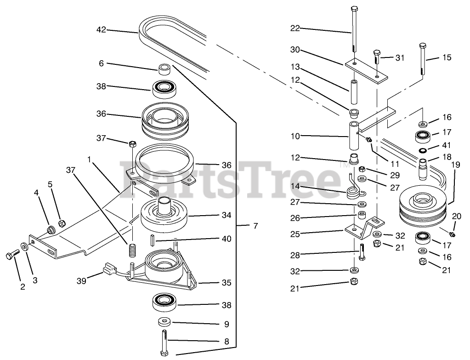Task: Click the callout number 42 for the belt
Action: [x=102, y=30]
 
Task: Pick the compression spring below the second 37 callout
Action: [x=132, y=250]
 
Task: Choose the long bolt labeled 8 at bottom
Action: [x=165, y=343]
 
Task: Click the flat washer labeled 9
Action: [x=164, y=322]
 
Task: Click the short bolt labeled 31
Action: [x=377, y=57]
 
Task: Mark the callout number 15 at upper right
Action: [x=447, y=57]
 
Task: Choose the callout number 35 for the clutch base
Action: [x=227, y=283]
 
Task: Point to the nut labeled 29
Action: [x=362, y=169]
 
